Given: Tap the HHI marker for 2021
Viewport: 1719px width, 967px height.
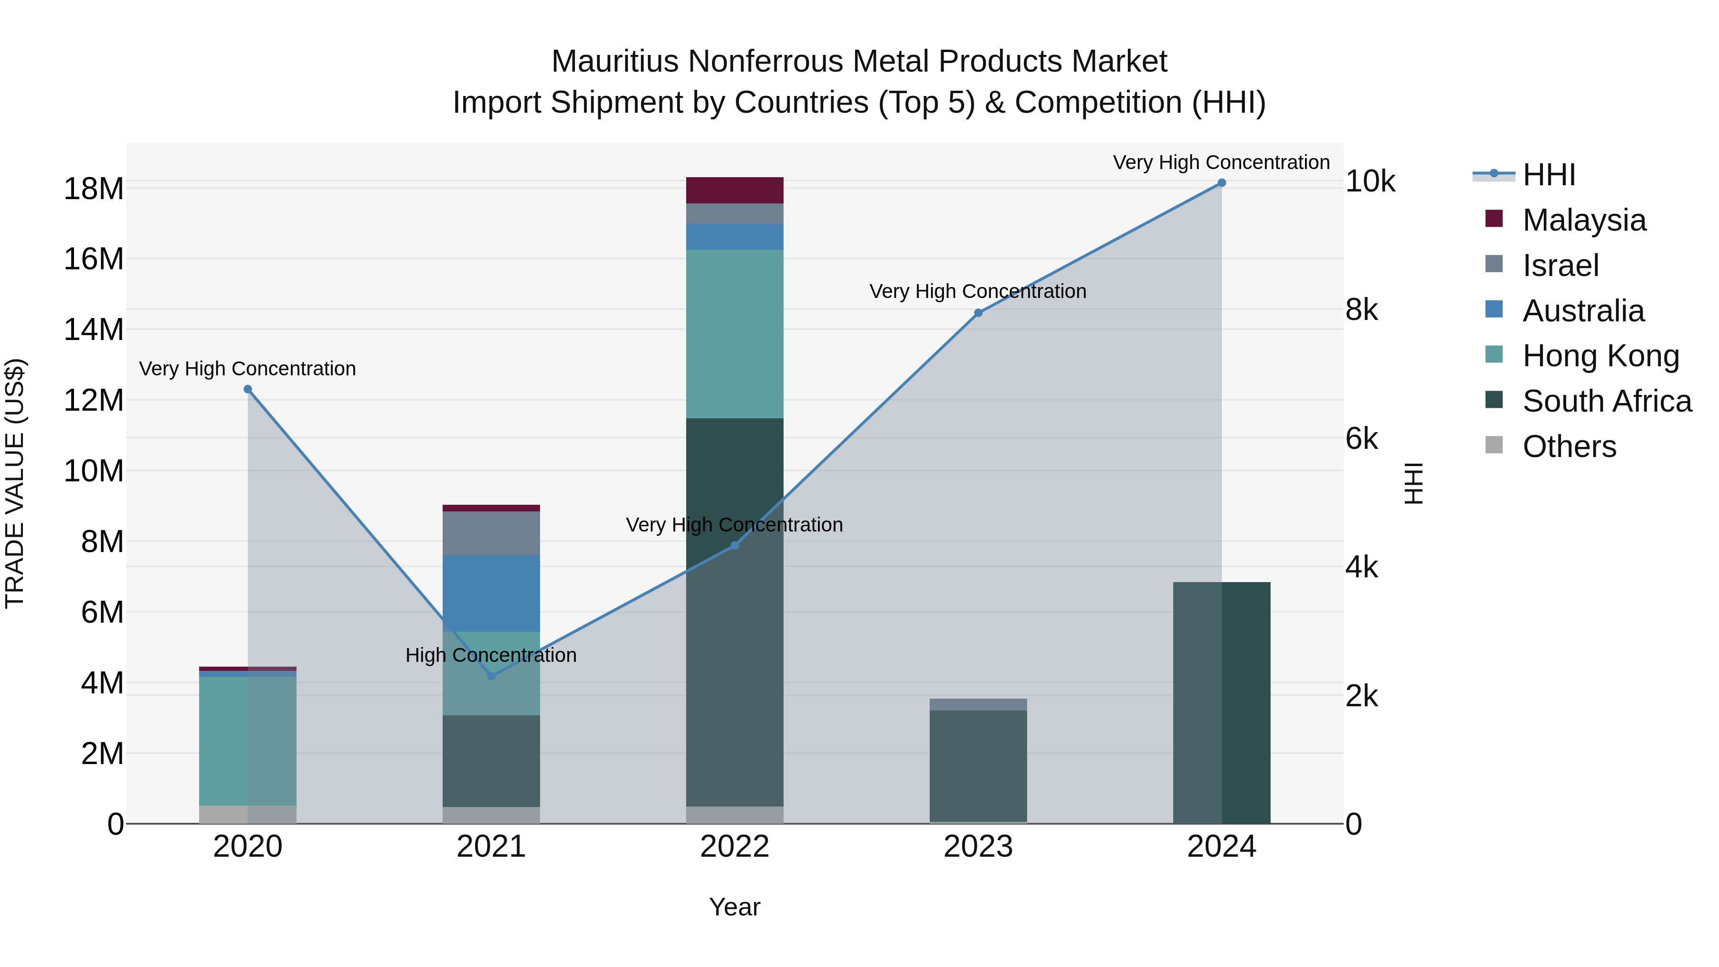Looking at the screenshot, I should (491, 676).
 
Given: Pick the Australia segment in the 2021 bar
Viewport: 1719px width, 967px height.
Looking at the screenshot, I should (491, 593).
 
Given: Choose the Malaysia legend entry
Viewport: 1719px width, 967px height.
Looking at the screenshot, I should (1583, 220).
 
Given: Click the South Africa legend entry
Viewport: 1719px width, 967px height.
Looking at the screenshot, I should (1606, 401).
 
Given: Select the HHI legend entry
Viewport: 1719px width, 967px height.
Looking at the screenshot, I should (1548, 175).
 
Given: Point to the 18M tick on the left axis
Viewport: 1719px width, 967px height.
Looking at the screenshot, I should (94, 189).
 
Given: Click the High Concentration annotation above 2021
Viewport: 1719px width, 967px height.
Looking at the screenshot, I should (491, 655).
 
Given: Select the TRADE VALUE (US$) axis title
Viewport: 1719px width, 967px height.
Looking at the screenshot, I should (15, 483).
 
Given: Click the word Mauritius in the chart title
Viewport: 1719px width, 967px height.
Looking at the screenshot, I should (615, 62).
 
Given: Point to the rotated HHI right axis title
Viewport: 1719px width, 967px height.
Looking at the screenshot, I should (1414, 483).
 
